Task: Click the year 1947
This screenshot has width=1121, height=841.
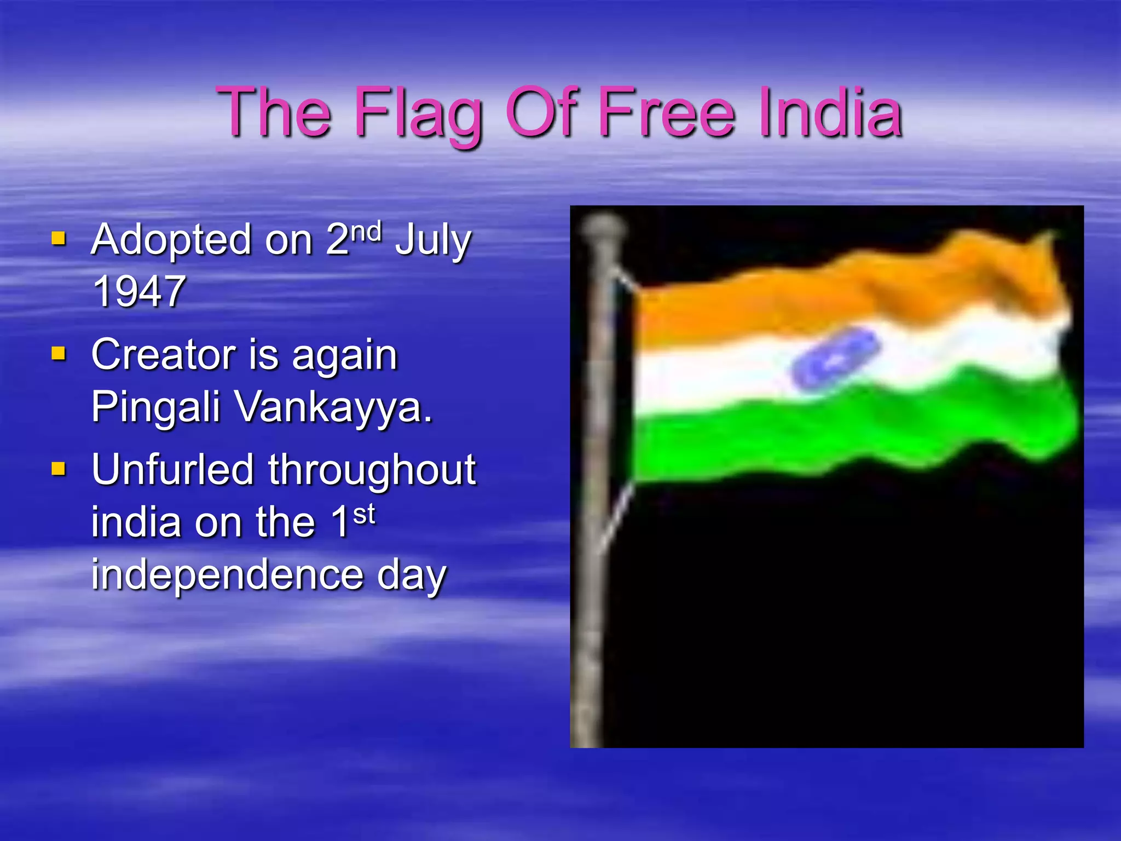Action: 139,291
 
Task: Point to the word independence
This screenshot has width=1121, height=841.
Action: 227,575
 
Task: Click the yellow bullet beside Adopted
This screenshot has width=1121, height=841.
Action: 59,239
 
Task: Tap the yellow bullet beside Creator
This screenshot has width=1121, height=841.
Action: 59,354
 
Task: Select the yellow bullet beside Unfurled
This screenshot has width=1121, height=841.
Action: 59,469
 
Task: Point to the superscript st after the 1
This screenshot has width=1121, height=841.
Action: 364,515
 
